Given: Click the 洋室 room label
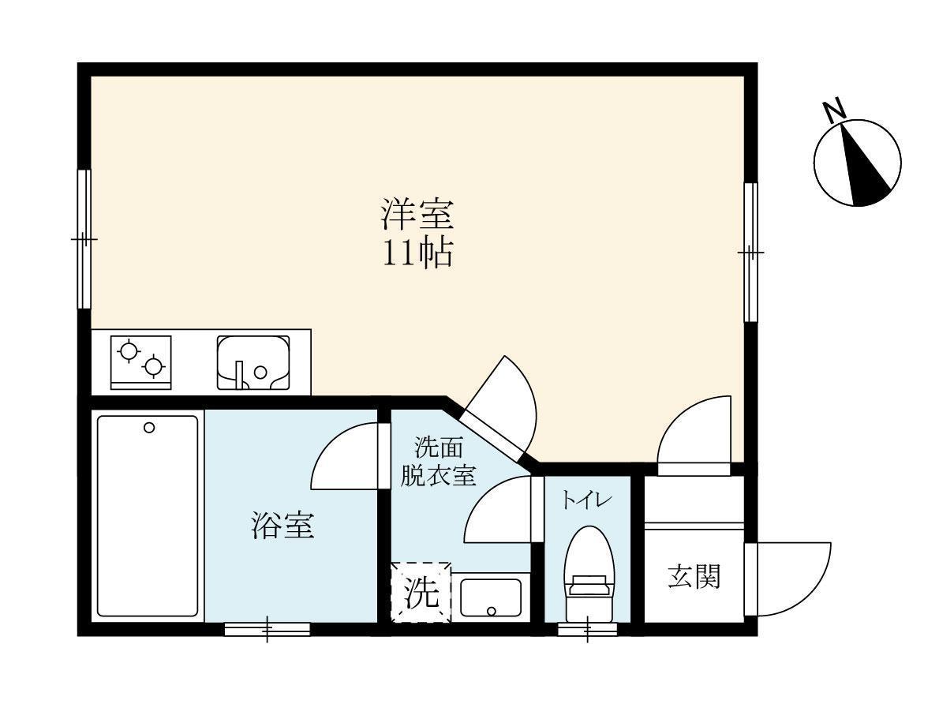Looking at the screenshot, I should click(x=417, y=214).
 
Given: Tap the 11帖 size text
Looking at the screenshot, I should click(x=417, y=253).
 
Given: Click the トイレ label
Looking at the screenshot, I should click(x=582, y=500).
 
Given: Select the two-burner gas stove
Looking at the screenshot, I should click(x=141, y=362).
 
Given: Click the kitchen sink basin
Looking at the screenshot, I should click(x=253, y=363).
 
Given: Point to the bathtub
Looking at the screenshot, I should click(x=148, y=517).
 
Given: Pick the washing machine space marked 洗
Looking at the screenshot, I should click(x=421, y=593).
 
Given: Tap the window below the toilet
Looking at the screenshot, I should click(x=589, y=629).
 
